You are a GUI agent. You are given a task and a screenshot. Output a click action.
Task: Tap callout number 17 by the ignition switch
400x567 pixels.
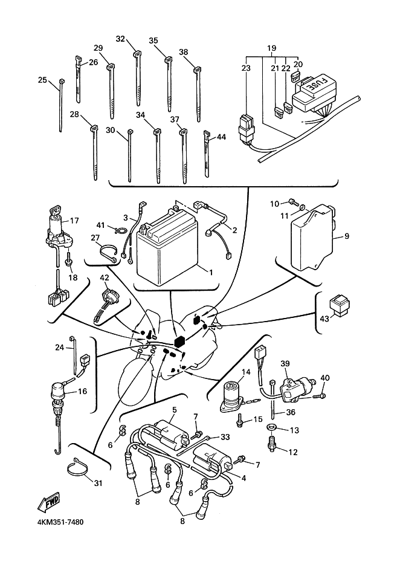(74, 221)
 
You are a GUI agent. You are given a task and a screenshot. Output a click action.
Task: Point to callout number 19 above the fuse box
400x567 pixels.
(271, 48)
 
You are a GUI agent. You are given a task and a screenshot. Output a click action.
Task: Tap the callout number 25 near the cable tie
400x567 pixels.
(42, 80)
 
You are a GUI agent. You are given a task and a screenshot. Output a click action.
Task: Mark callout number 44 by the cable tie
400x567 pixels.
(221, 137)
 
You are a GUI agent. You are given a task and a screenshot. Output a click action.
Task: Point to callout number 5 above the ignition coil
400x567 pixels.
(173, 410)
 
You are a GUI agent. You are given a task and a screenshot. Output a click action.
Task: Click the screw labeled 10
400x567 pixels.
(292, 201)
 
